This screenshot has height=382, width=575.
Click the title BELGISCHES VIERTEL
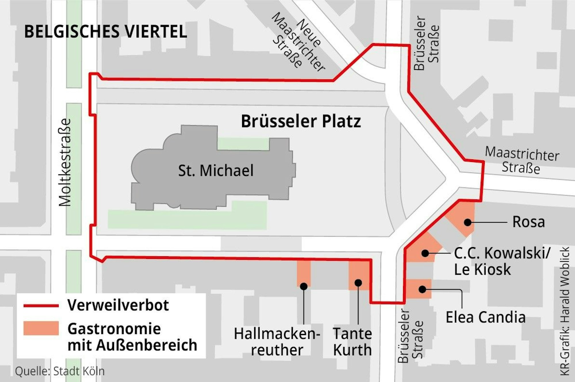click(106, 31)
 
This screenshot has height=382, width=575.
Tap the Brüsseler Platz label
click(301, 121)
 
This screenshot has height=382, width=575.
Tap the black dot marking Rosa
click(468, 222)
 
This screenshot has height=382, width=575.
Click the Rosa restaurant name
click(528, 222)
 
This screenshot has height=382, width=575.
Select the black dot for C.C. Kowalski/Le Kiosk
click(425, 253)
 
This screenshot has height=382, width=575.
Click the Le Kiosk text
click(482, 270)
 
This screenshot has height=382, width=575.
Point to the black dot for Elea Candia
click(422, 289)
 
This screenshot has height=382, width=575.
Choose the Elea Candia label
click(486, 317)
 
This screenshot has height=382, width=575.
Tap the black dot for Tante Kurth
click(358, 283)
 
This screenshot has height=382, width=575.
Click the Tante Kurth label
click(352, 342)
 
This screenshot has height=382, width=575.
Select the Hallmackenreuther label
click(277, 342)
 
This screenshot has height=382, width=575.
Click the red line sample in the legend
click(41, 306)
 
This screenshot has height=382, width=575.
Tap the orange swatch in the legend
click(41, 328)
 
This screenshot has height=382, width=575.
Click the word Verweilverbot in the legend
click(118, 305)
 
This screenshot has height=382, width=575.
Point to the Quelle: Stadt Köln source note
click(60, 371)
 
